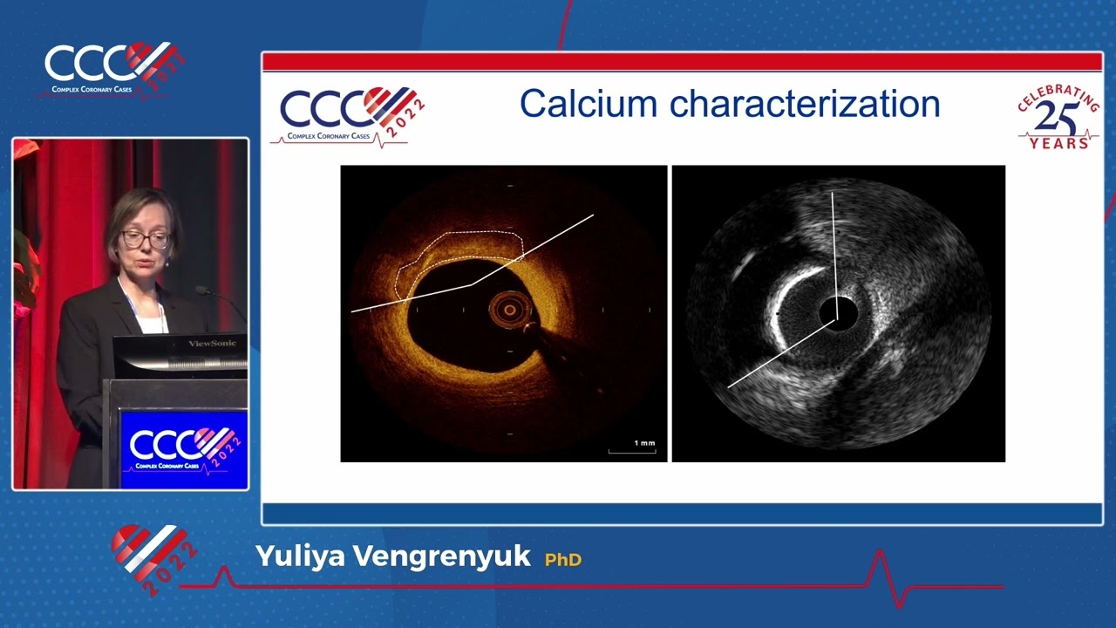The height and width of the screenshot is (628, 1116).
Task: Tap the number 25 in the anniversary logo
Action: pyautogui.click(x=1058, y=118)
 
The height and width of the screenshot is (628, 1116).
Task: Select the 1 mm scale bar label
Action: pyautogui.click(x=644, y=443)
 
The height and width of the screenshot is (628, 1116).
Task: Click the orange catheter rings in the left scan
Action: pyautogui.click(x=509, y=309)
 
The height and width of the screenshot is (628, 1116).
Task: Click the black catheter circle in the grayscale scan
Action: pyautogui.click(x=838, y=311)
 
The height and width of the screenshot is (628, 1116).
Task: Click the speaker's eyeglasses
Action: pyautogui.click(x=146, y=238)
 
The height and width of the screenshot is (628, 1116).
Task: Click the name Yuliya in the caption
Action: pyautogui.click(x=292, y=556)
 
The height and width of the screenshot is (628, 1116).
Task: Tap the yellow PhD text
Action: pyautogui.click(x=563, y=559)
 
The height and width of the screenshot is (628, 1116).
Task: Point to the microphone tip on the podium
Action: pyautogui.click(x=201, y=290)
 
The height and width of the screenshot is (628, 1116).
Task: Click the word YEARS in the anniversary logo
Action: pyautogui.click(x=1058, y=142)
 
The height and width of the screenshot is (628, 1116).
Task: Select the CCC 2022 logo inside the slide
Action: pyautogui.click(x=350, y=114)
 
